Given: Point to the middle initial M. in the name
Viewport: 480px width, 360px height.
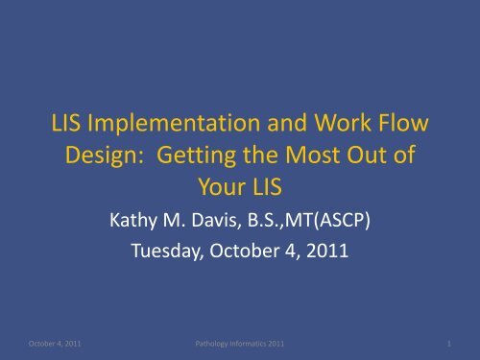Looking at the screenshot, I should (188, 221).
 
